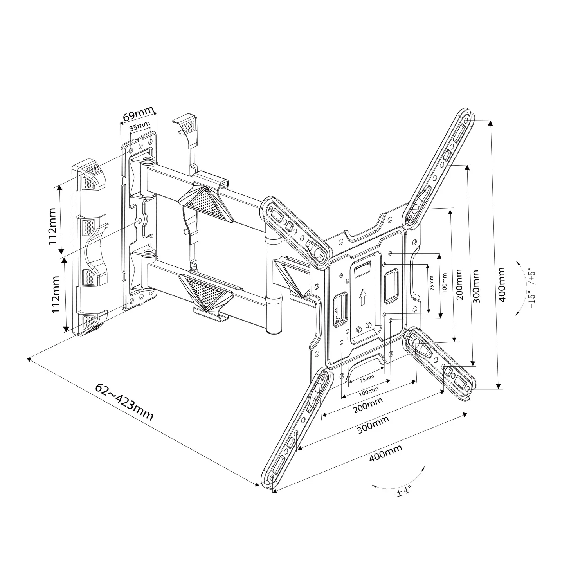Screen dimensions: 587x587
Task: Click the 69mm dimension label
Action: [137, 116]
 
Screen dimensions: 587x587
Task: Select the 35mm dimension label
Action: [140, 127]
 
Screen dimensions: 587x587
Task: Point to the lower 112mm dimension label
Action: [56, 294]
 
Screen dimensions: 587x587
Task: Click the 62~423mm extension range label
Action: [124, 402]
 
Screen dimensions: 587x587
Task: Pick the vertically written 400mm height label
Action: [502, 284]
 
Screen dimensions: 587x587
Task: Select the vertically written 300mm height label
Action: [477, 286]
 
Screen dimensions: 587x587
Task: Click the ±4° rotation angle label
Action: [403, 491]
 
